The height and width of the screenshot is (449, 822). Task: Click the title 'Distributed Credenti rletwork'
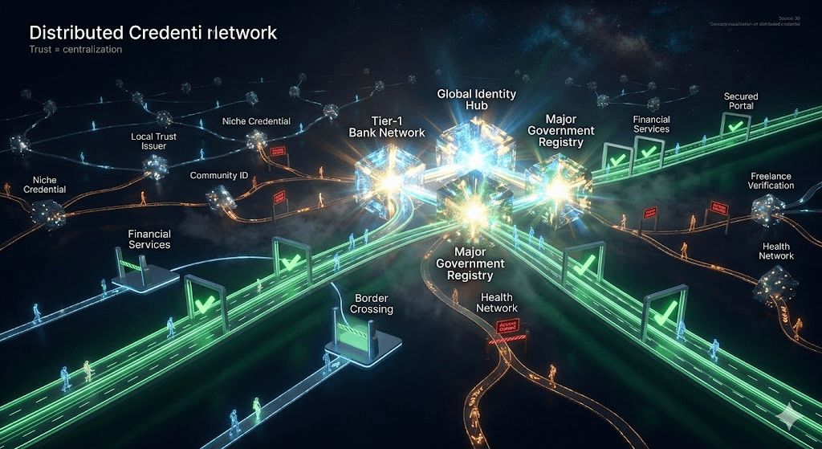point(153,33)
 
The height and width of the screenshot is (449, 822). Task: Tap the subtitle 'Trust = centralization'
point(75,50)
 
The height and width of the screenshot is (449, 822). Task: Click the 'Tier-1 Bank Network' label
point(386,126)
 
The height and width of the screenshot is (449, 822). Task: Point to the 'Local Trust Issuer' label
point(153,142)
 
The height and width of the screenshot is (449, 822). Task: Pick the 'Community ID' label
point(217,175)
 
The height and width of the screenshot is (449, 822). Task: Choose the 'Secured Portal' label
point(740,102)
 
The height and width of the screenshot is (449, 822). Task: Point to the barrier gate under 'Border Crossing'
point(351,334)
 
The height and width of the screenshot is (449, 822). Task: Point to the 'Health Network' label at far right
point(775,251)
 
